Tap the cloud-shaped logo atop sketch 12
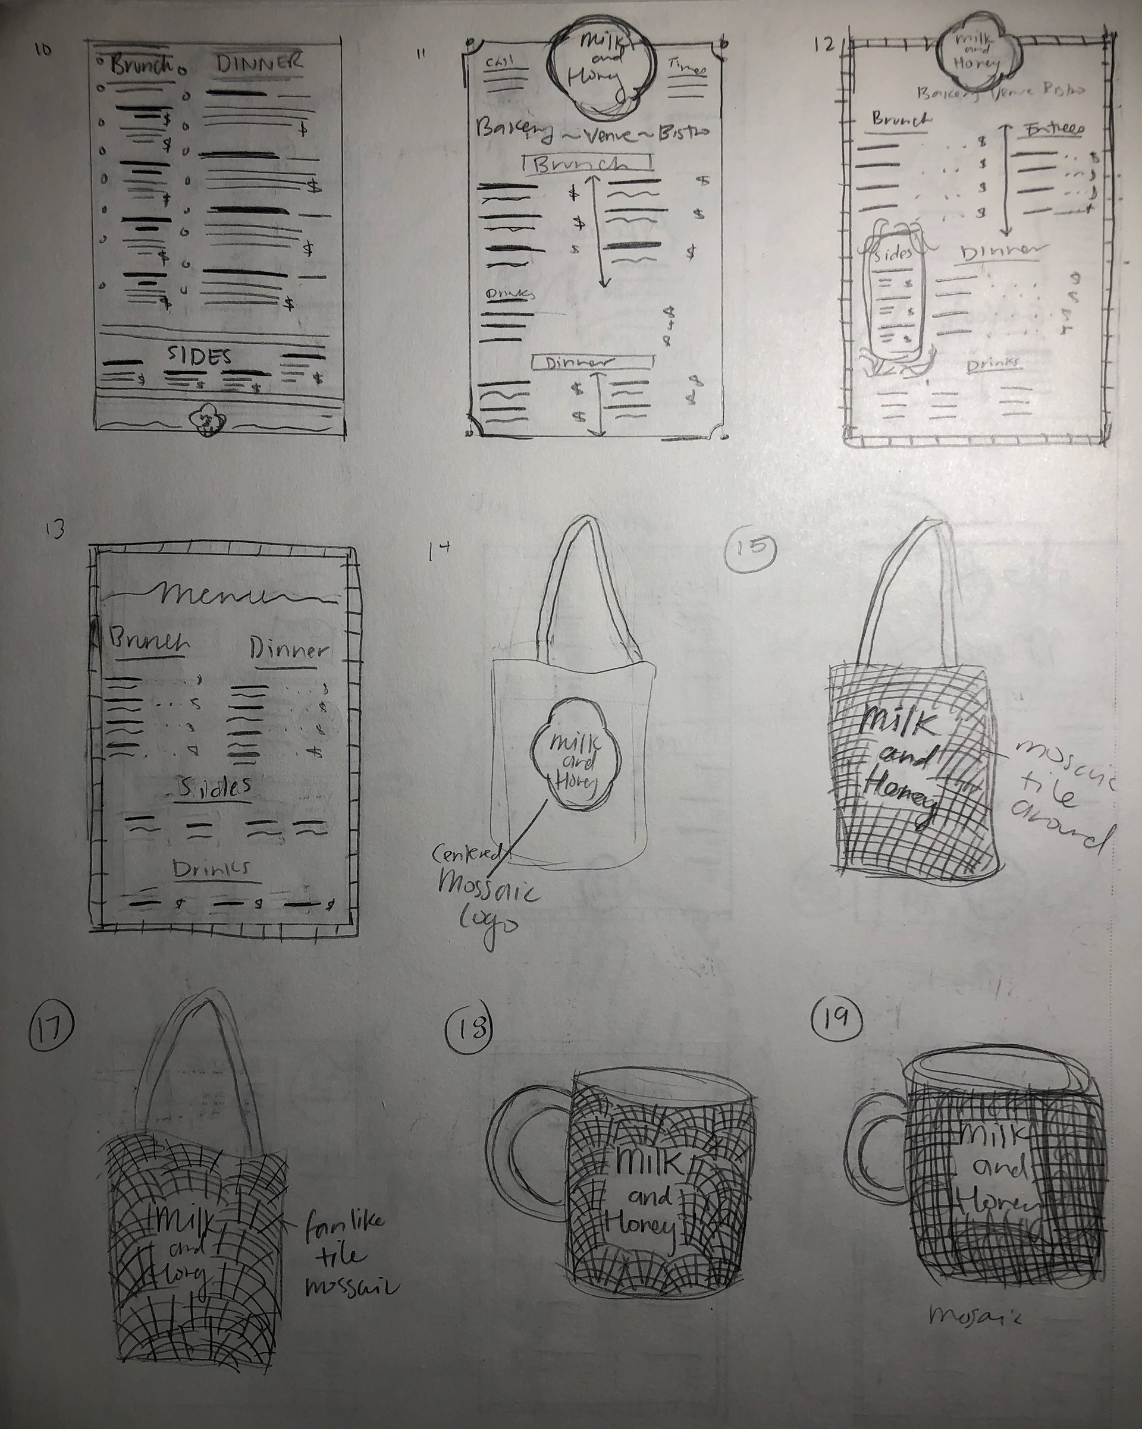pyautogui.click(x=978, y=55)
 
